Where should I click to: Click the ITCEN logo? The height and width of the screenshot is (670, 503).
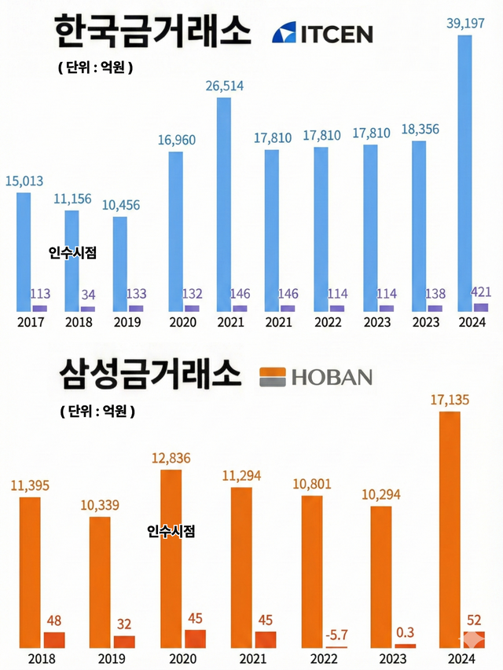click(322, 33)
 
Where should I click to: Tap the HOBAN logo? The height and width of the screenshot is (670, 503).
click(316, 377)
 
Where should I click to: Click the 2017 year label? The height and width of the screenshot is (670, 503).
click(31, 322)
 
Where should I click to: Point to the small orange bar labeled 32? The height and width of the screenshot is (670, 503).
click(124, 641)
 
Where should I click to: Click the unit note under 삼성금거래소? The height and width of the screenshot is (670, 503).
click(96, 411)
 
